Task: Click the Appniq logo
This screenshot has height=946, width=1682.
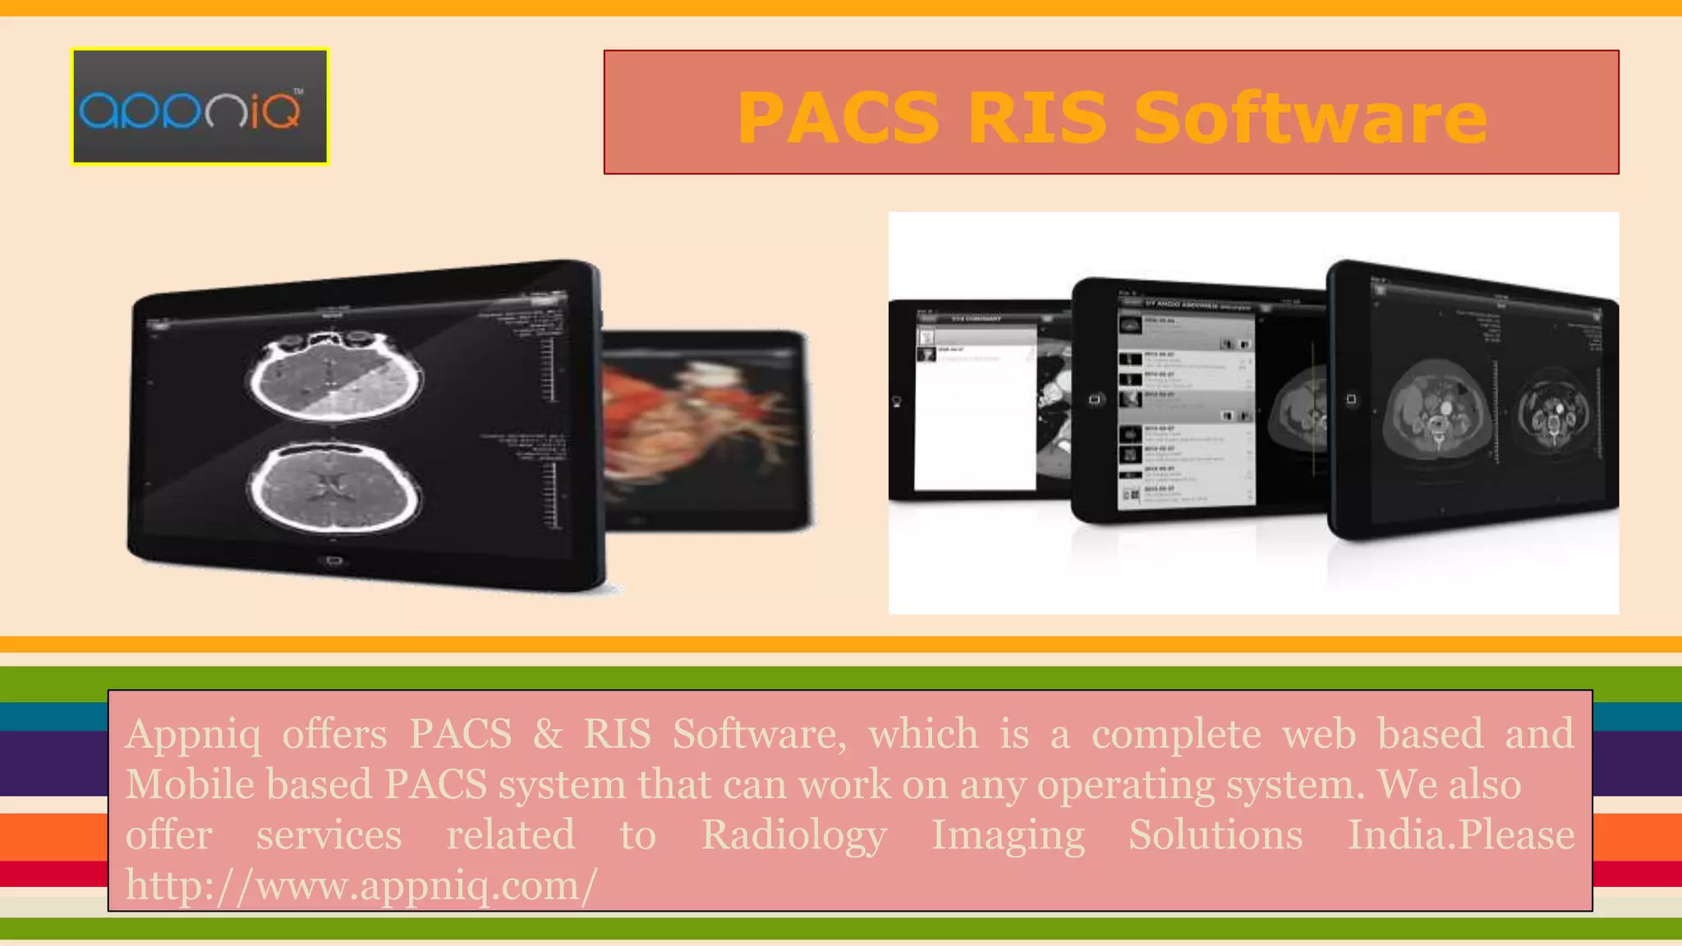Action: (200, 107)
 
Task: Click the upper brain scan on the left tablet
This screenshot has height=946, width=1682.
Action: (336, 377)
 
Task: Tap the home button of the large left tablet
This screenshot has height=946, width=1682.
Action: (333, 561)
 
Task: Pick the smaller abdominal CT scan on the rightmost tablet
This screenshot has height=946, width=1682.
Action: (1552, 411)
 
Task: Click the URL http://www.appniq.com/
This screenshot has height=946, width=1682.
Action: (361, 885)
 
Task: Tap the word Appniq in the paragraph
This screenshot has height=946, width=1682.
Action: (193, 734)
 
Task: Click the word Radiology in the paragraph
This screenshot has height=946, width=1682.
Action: (793, 835)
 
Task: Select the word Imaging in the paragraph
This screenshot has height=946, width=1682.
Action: (1008, 835)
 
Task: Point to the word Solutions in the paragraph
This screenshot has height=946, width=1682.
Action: (1216, 835)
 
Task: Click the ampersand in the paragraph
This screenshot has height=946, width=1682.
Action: (547, 734)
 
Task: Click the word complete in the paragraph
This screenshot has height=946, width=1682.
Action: (1175, 734)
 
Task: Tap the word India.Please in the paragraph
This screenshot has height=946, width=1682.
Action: (1461, 835)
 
